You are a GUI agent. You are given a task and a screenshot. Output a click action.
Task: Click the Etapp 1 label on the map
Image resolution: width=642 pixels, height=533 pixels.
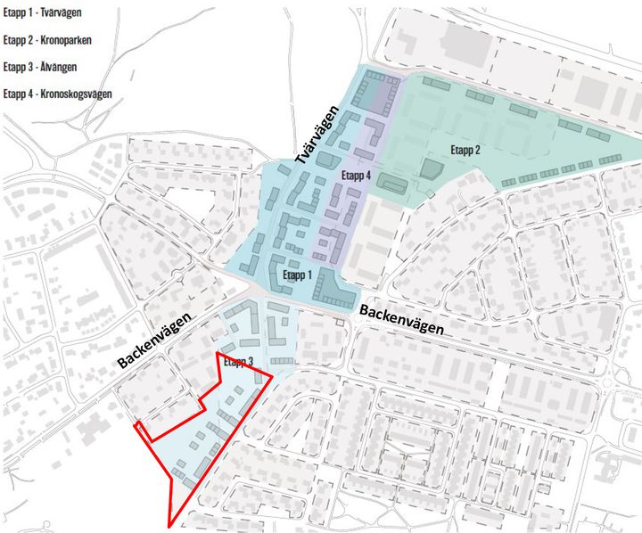coord(298,275)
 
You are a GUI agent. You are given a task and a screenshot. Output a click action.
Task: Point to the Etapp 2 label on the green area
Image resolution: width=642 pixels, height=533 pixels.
coord(465,150)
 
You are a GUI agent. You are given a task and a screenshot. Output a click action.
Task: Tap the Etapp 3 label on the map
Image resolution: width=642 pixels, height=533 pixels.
coord(238,362)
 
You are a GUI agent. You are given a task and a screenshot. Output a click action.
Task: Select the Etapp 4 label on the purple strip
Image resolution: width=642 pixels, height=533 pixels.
coord(356,176)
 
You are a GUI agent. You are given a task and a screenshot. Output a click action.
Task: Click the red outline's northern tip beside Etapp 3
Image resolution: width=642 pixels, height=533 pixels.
coord(218,354)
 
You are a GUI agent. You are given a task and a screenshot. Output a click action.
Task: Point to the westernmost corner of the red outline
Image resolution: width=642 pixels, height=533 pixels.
coord(135,425)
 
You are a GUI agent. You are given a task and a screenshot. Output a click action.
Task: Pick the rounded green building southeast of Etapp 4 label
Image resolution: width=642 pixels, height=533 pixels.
coord(391,184)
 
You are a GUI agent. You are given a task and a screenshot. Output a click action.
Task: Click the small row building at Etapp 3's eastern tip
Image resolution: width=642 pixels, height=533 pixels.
coord(282,360)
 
